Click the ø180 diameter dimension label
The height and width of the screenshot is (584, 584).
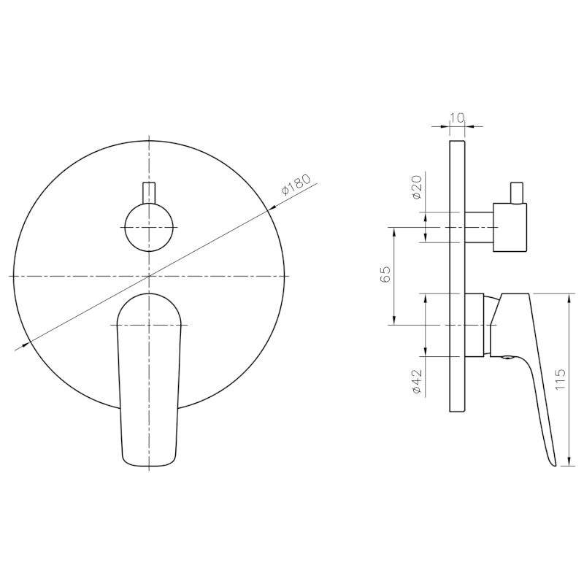[296, 185]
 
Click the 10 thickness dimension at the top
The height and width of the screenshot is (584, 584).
[457, 118]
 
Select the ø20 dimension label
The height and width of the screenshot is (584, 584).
[418, 187]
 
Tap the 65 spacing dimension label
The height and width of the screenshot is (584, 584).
[386, 274]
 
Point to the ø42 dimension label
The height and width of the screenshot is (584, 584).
[417, 382]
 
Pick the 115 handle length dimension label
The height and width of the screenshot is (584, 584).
[560, 380]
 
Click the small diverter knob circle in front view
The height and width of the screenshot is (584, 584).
[149, 227]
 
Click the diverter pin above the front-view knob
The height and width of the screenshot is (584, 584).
[149, 193]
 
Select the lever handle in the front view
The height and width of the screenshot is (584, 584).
[149, 380]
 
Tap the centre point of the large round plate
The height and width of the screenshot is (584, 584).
[149, 276]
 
